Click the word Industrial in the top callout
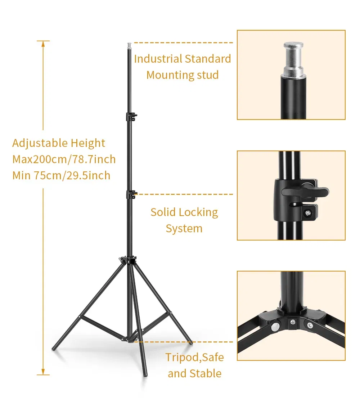[158, 59]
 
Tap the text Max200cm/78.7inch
[64, 159]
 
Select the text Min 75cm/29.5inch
[61, 175]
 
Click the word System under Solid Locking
[184, 229]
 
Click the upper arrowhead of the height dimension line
[43, 44]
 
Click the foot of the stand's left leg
[54, 349]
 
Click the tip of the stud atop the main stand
[129, 44]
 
